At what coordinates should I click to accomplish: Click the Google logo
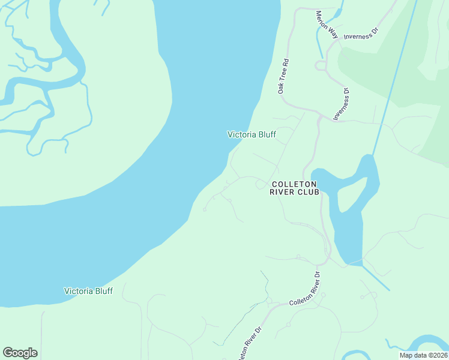[x=20, y=353]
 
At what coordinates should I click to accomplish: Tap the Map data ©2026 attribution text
[x=423, y=355]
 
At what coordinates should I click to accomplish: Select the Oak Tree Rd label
[x=283, y=76]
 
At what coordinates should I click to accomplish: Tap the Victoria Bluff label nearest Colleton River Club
[x=252, y=134]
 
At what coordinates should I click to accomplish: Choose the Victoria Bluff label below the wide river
[x=88, y=291]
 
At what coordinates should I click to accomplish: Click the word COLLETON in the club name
[x=295, y=184]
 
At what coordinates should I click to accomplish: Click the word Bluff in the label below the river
[x=101, y=291]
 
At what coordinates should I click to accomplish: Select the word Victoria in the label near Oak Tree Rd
[x=242, y=134]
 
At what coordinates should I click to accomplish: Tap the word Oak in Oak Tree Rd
[x=280, y=88]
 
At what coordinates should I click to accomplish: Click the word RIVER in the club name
[x=285, y=192]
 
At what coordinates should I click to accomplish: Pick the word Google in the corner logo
[x=20, y=353]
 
